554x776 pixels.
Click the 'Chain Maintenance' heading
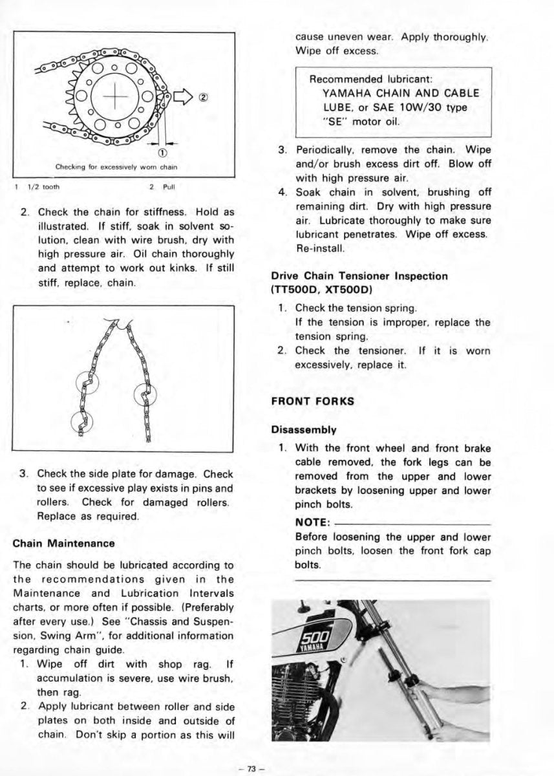[64, 543]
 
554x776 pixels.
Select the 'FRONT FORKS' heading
[313, 401]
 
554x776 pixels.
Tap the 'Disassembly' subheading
[304, 429]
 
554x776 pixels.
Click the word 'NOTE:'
[314, 523]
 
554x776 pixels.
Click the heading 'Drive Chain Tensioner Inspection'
[359, 276]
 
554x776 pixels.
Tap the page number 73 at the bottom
[248, 768]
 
